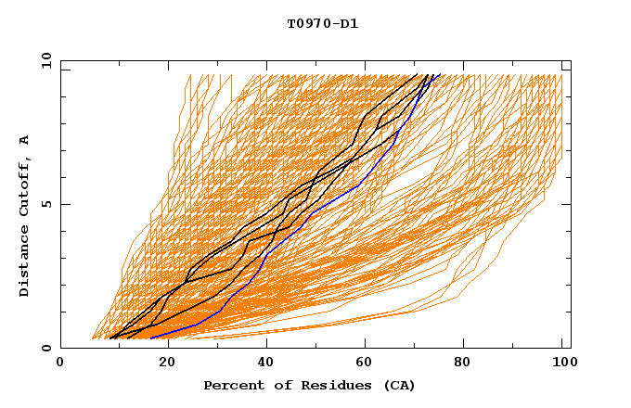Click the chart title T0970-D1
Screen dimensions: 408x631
pos(323,23)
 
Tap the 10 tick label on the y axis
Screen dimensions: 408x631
pos(44,60)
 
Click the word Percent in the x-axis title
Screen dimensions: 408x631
pos(231,385)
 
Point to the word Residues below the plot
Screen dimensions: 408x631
pos(329,385)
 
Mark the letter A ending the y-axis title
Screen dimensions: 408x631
pos(24,139)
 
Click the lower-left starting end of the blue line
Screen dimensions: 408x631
pos(150,338)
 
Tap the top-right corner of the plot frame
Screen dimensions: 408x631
pos(570,60)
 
